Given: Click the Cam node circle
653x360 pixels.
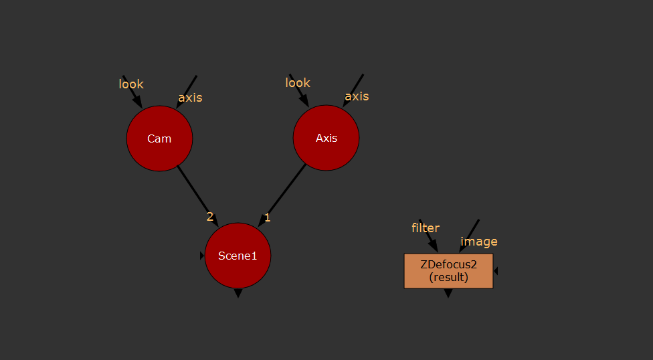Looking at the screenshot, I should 159,139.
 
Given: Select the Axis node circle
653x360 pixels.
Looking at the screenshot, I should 326,138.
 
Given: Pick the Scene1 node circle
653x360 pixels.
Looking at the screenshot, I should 238,255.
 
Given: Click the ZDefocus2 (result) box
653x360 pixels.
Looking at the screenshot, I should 448,270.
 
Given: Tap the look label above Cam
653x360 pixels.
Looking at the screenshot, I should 131,84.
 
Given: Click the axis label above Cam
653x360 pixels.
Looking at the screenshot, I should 190,98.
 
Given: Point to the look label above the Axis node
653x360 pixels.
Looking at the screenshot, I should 298,82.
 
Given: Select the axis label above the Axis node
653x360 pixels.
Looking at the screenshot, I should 357,96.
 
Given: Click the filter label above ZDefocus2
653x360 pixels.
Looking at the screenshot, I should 426,228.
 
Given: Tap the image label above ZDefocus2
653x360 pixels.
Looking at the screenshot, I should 479,242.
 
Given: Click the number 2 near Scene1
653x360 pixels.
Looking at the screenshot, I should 210,217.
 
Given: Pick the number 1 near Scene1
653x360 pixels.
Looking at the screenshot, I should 268,217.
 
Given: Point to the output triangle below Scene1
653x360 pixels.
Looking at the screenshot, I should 238,293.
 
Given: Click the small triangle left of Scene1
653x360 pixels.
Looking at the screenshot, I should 201,256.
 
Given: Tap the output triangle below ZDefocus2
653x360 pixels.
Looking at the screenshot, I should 448,294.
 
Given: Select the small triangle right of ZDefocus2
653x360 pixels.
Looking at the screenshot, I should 496,271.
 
